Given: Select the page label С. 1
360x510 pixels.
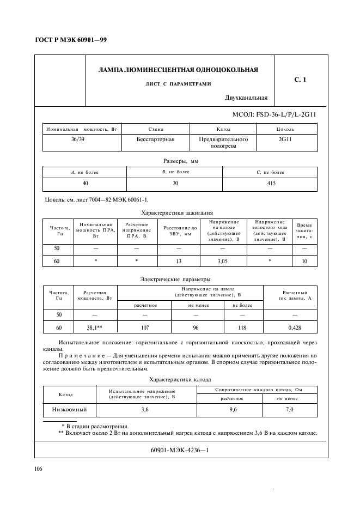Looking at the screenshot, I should coord(300,80).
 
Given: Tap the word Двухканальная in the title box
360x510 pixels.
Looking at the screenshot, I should coord(246,98).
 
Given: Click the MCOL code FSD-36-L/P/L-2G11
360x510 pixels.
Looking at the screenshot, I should coord(274,116).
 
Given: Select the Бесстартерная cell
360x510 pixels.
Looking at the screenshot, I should coord(155,139).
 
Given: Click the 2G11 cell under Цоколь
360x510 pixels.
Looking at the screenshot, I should coord(285,139).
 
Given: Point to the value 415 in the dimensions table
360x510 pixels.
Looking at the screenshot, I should coord(271,184).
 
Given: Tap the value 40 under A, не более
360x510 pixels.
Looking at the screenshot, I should coord(85,184).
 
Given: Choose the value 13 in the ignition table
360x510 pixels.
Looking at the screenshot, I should coord(179,262).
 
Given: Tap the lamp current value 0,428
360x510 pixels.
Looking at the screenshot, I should coord(294,327).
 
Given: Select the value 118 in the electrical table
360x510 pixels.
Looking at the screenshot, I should coord(242,327).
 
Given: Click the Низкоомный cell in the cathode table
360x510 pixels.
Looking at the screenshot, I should coord(70,409).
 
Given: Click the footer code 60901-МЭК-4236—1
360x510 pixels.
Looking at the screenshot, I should coord(180,450).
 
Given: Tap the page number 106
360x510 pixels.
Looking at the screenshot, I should coord(39,469).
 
